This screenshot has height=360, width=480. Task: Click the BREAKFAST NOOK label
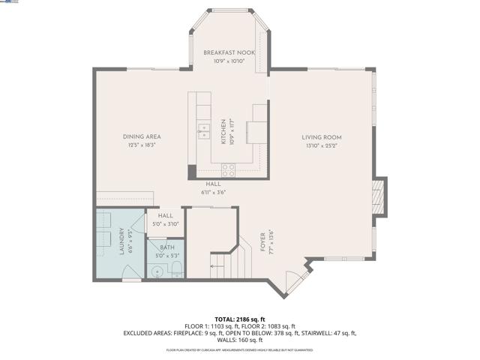coord(229,52)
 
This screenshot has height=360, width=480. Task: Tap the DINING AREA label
coord(142,136)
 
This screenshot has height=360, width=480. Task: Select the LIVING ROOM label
coord(322,137)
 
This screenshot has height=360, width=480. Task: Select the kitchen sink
coord(203,132)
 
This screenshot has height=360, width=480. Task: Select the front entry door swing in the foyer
coord(297,281)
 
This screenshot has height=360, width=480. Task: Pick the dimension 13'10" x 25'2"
coord(322,146)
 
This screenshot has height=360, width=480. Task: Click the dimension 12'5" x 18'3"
coord(142,145)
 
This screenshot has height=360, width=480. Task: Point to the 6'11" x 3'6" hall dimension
coord(214,192)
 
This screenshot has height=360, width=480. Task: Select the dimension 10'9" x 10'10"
coord(229,61)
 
